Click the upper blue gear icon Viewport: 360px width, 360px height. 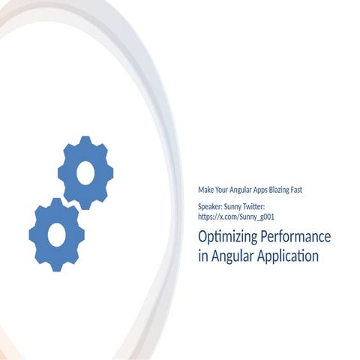coord(85,172)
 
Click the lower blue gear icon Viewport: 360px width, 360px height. coord(56,234)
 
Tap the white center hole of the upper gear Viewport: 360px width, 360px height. coord(85,172)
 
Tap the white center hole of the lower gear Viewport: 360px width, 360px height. coord(56,235)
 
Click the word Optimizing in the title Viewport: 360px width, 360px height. coord(224,237)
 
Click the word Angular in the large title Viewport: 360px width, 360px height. coord(232,256)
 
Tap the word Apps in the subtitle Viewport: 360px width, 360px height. coord(256,190)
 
